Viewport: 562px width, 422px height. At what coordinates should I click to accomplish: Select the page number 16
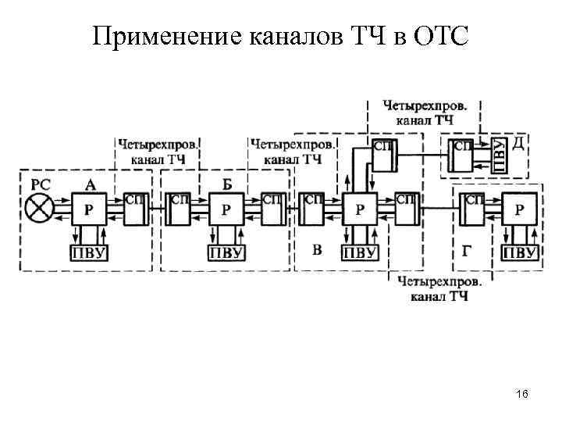coord(522,395)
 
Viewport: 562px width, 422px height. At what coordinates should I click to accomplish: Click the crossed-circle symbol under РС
coord(39,209)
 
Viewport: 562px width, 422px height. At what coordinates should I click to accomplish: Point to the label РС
coord(41,185)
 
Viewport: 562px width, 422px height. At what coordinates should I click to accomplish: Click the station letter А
coord(91,185)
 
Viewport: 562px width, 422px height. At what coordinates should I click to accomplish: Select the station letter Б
coord(227,184)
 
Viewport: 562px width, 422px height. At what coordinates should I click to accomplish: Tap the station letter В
coord(317,250)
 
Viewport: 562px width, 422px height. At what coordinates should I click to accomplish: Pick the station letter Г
coord(466,251)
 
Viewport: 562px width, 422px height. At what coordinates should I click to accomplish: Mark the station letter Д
coord(518,144)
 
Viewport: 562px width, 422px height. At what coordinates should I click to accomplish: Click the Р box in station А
coord(90,209)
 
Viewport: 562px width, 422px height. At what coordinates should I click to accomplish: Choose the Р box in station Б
coord(226,209)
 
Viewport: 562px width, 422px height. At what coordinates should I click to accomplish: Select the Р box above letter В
coord(359,209)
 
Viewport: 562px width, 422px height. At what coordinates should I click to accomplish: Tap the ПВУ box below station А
coord(90,252)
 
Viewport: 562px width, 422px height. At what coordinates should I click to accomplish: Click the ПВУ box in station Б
coord(226,252)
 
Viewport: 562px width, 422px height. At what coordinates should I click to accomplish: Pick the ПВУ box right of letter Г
coord(519,252)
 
